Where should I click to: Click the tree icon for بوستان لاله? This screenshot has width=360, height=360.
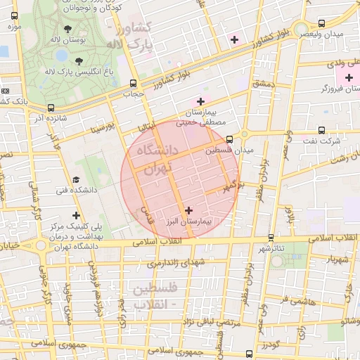coord(67,30)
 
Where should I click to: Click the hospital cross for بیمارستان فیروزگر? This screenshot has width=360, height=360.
coord(349,77)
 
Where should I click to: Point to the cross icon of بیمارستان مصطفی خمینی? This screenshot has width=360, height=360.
coord(200,102)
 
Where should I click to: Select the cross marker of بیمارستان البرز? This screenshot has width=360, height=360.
coord(188,210)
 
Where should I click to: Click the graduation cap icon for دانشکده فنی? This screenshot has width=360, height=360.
coord(76,180)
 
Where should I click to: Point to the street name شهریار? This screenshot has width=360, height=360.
coord(336,259)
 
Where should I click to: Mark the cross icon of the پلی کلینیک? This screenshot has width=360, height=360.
coord(76,215)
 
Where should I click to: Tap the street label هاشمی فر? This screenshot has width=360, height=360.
coord(299,300)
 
